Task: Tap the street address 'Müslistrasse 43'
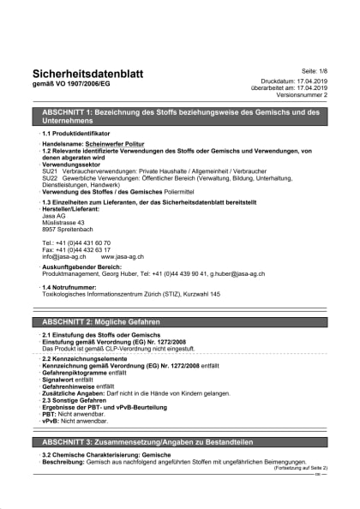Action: coord(63,223)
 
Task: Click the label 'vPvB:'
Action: coord(51,422)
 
